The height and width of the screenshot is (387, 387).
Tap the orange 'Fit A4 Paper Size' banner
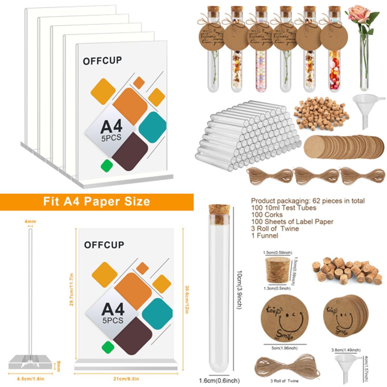(96, 201)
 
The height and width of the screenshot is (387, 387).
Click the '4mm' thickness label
(30, 222)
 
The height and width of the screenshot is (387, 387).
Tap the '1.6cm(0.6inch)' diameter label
(219, 381)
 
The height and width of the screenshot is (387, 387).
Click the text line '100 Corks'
(267, 215)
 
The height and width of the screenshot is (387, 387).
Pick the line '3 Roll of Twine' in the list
(275, 229)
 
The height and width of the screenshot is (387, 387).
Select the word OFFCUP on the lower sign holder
(104, 245)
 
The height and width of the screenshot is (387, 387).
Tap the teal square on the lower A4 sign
(157, 314)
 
